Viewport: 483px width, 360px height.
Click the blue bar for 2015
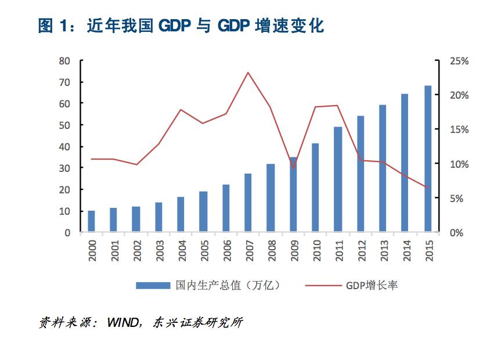click(x=428, y=159)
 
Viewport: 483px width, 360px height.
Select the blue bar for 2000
click(x=91, y=221)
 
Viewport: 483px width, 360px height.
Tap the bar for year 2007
click(x=248, y=203)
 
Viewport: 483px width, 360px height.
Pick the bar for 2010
click(x=315, y=188)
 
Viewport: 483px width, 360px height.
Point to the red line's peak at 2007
click(x=248, y=73)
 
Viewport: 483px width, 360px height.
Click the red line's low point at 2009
click(x=293, y=168)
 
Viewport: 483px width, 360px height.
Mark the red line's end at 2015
click(x=428, y=188)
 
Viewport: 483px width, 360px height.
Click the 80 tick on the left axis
click(x=64, y=60)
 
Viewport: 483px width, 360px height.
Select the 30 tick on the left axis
click(x=64, y=168)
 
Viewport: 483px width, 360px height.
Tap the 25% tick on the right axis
click(x=452, y=60)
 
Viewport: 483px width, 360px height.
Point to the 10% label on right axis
click(x=452, y=164)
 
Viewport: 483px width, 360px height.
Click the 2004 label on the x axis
click(x=181, y=250)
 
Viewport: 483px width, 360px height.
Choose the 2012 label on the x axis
click(x=361, y=250)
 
